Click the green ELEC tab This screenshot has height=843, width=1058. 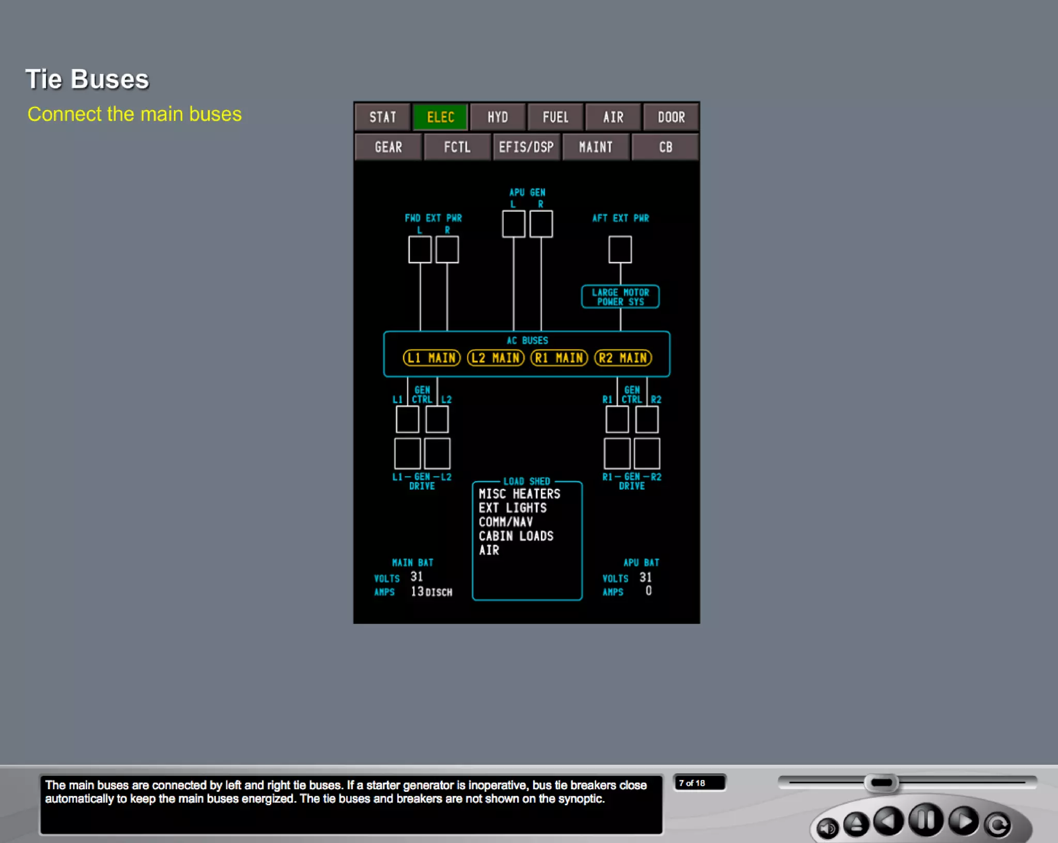click(x=440, y=117)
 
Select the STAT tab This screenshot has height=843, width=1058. click(x=382, y=117)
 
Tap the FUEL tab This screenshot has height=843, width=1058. click(x=555, y=117)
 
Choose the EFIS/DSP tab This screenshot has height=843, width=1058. click(x=526, y=147)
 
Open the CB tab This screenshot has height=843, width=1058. click(x=665, y=147)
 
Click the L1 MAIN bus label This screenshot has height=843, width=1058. click(x=431, y=358)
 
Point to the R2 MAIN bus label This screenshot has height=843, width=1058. click(x=623, y=358)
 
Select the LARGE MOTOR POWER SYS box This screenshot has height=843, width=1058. click(x=620, y=297)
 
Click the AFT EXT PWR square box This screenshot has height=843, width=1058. click(x=620, y=249)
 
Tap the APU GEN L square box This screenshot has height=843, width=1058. click(x=514, y=224)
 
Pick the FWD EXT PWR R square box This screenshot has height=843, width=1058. click(x=447, y=249)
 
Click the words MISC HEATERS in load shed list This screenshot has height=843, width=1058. click(x=519, y=494)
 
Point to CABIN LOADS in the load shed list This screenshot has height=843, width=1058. click(x=516, y=536)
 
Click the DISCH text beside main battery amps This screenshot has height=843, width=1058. click(x=439, y=592)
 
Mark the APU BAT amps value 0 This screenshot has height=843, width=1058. click(x=648, y=591)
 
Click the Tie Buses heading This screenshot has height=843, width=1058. click(x=87, y=80)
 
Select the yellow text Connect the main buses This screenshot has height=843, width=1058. click(x=134, y=114)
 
